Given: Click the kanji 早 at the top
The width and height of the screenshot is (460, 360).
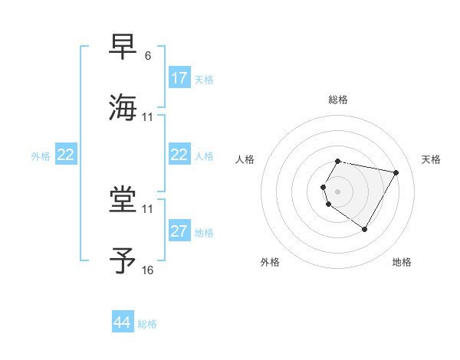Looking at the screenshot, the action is point(123,47).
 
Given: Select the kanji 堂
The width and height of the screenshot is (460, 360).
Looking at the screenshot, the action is point(123,200).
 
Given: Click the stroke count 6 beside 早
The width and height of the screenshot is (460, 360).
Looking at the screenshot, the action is point(147,56).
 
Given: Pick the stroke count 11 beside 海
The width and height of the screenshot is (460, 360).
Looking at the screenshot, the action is point(148,117).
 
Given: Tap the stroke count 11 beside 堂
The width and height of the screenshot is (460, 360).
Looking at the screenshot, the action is point(148,208).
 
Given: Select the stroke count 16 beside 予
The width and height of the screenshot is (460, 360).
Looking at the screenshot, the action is point(148,270).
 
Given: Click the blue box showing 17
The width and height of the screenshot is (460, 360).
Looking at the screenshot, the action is point(179,78).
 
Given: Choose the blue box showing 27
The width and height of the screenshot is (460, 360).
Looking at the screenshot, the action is point(179,231).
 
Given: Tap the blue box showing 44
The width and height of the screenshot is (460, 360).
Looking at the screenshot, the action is point(123,322).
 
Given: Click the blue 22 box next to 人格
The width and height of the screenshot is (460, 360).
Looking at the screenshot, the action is point(179,155).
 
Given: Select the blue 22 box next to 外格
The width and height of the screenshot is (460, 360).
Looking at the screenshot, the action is point(66,155).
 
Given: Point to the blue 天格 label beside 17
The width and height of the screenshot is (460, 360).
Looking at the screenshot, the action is point(203,79).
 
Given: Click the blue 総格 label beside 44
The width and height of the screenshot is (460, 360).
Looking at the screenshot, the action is point(147,323).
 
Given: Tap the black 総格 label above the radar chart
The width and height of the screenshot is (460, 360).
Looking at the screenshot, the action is point(338,100).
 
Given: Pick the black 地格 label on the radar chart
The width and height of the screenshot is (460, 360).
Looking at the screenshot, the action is point(402,262).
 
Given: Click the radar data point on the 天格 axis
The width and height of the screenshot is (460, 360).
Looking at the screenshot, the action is point(396,172).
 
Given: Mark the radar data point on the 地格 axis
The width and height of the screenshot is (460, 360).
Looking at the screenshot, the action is point(364,229).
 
